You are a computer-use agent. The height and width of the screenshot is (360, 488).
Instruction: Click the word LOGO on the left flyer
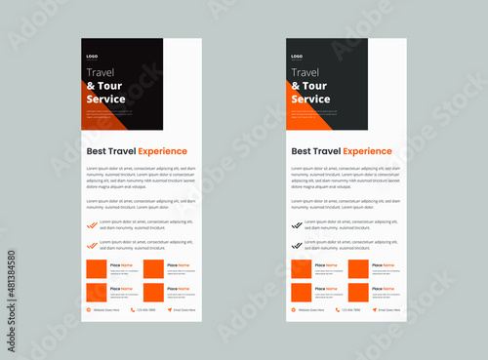click(92, 57)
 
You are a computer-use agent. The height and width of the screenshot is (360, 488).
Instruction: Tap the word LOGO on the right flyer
click(297, 57)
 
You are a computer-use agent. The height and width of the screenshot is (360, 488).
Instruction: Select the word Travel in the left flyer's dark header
click(101, 72)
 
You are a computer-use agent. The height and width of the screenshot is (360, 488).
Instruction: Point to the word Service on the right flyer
click(310, 99)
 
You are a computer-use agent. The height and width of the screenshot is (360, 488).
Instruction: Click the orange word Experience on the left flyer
click(162, 151)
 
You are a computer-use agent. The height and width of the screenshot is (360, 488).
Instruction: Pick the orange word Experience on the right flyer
click(367, 151)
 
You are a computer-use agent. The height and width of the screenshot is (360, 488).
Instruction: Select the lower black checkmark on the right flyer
click(297, 243)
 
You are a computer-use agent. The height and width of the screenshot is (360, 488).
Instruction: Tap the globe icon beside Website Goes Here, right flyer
click(294, 310)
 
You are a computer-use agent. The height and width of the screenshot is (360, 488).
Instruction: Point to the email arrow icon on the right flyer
click(374, 310)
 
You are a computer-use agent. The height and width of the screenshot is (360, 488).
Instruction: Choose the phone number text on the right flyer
click(350, 310)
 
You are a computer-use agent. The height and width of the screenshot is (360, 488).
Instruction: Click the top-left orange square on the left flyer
click(96, 269)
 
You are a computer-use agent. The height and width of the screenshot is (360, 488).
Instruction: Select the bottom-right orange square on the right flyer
click(358, 292)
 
